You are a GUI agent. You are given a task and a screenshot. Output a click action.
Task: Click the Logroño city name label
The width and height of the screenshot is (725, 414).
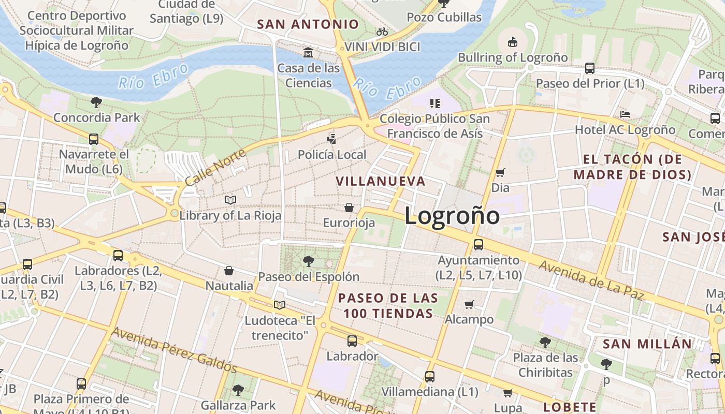(452, 216)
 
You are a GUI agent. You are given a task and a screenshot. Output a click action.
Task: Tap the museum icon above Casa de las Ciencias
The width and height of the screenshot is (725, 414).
(309, 52)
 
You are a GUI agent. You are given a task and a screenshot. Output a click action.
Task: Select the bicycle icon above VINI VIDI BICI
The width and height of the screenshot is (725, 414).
(382, 32)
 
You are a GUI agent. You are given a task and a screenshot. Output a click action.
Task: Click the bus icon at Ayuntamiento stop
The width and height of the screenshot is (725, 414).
(479, 245)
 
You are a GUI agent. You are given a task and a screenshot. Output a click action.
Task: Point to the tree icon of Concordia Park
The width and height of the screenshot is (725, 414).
(96, 102)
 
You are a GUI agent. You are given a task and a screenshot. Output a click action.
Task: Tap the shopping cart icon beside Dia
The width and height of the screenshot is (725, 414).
(500, 172)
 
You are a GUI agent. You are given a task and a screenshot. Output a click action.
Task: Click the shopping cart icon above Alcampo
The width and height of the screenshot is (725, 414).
(469, 304)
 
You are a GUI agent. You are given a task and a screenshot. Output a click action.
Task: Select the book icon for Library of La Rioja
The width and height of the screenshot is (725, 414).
(230, 200)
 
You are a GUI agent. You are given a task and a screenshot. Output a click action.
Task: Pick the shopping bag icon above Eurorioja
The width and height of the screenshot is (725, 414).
(349, 208)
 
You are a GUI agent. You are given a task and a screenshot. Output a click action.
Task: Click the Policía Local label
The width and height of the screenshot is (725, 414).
(332, 154)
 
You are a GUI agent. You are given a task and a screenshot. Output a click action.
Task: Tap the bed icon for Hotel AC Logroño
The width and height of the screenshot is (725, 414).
(625, 114)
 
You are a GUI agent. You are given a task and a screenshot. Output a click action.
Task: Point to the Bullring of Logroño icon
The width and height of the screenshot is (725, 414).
(513, 42)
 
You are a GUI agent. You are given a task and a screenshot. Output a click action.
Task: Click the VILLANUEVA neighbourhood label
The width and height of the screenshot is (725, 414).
(381, 181)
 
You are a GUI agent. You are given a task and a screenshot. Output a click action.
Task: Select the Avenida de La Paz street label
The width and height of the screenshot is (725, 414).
(591, 280)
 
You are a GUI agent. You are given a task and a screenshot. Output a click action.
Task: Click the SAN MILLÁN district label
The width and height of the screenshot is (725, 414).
(647, 344)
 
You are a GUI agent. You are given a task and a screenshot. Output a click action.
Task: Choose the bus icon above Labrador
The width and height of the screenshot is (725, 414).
(352, 341)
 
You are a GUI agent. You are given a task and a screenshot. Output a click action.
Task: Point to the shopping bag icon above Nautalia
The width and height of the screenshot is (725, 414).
(229, 271)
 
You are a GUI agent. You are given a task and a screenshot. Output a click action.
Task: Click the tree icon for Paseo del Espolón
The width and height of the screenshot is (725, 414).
(309, 261)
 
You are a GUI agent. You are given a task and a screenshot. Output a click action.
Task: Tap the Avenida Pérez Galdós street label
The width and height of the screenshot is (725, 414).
(175, 349)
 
